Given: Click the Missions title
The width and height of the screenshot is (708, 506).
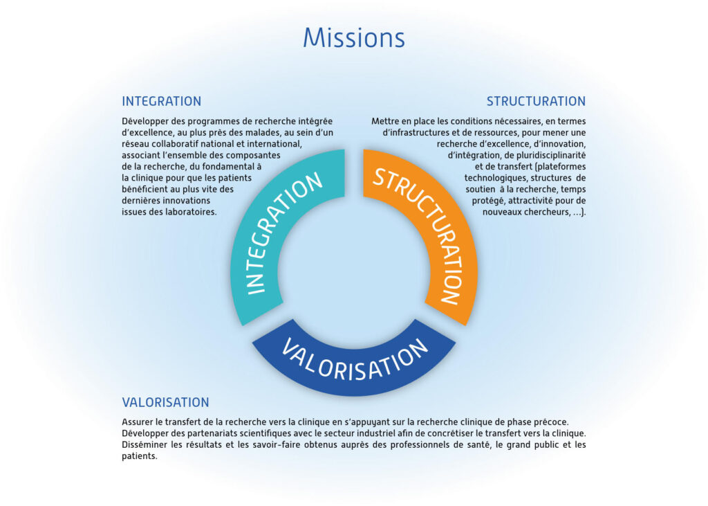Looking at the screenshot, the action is tap(354, 37).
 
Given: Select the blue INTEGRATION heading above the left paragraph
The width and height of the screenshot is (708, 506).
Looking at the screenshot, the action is tap(162, 101).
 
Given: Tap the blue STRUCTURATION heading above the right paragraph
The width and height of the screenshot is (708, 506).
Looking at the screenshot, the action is tap(536, 101).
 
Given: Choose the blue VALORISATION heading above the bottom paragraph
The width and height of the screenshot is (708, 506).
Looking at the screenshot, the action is tap(166, 402).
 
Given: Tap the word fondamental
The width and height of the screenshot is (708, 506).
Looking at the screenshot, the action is tap(231, 166).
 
